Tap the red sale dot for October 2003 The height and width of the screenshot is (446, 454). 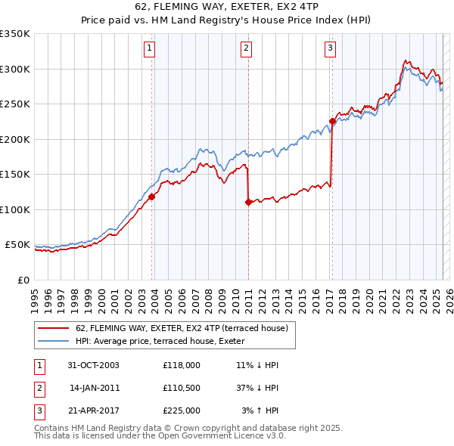coord(152,197)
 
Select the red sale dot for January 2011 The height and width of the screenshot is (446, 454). coord(248,202)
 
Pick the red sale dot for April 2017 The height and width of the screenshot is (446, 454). coord(332,121)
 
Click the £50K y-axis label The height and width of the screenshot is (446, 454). coord(17,245)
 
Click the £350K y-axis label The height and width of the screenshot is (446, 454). coord(15,34)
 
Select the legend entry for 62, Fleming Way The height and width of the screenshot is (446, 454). coord(182,329)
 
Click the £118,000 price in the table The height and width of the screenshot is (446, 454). coord(181,365)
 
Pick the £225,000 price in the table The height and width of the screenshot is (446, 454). coord(181,410)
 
